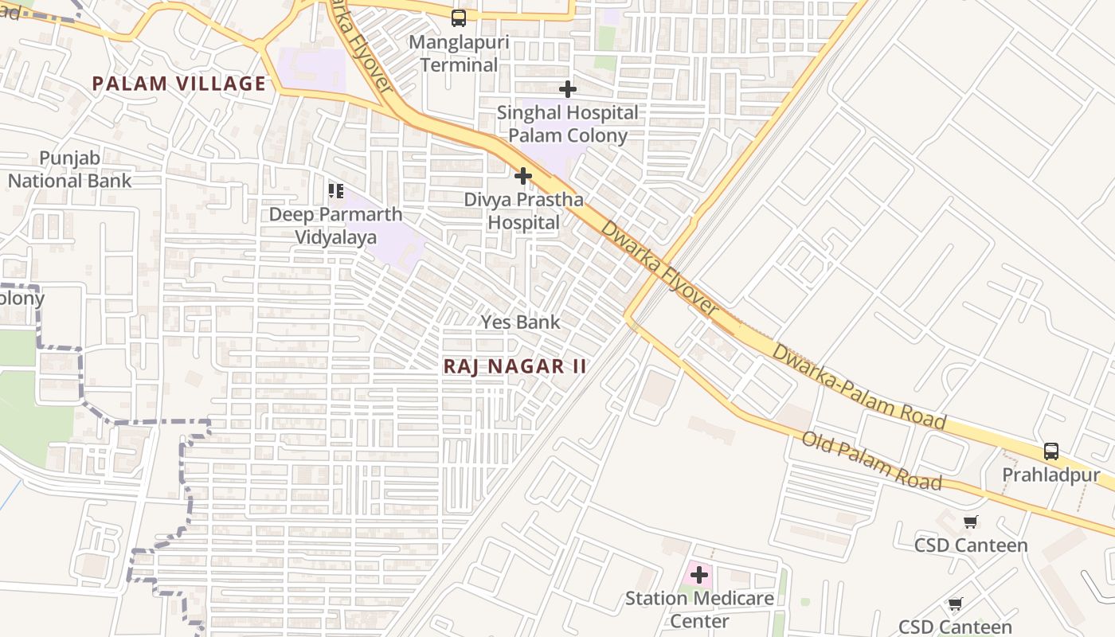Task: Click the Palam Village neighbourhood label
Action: (178, 84)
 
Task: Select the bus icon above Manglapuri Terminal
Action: (459, 18)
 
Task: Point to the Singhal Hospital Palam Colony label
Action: (567, 124)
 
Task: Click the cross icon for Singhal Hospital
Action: (567, 89)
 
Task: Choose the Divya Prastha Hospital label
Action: (523, 211)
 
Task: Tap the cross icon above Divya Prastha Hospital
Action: (523, 176)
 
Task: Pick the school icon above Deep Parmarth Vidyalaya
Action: (335, 191)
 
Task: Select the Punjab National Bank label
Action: (70, 170)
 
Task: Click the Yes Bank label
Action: (520, 322)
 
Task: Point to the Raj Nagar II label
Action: (514, 366)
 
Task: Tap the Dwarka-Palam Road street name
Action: (859, 386)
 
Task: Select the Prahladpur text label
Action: (1050, 476)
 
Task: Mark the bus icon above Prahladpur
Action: (1050, 451)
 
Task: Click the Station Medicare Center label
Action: (698, 609)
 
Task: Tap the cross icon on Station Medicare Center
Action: (698, 575)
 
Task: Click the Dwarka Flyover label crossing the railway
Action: (659, 267)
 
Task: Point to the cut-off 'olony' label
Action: (22, 299)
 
